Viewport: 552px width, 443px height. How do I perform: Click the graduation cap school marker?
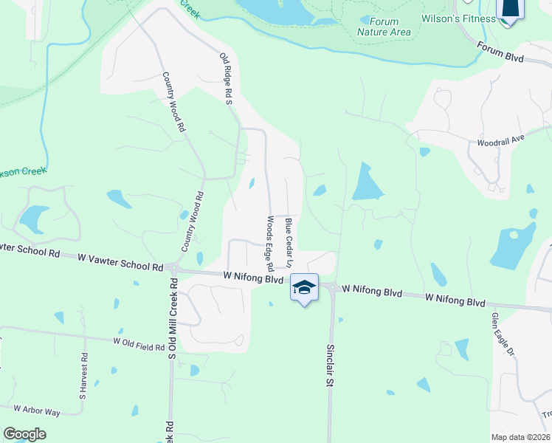[x=304, y=287]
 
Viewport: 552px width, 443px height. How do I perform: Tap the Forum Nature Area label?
[x=384, y=27]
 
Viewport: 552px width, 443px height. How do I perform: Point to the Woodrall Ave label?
[x=500, y=139]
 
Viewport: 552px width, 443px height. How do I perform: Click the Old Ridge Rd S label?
[x=227, y=78]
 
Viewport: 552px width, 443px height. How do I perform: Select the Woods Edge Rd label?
[x=271, y=242]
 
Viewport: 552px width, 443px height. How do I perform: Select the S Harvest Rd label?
[x=85, y=376]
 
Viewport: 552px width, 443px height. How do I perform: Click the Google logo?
[x=24, y=434]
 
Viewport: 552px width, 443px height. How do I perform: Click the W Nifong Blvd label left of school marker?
[x=253, y=279]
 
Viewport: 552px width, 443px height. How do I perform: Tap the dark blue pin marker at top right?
[x=510, y=9]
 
